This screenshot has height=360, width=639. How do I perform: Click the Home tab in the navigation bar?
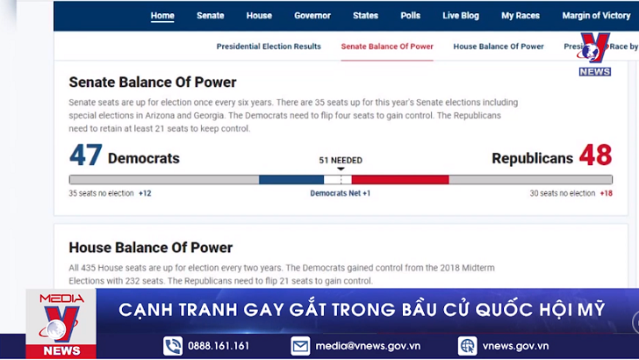162,16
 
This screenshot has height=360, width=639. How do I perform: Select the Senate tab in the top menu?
211,16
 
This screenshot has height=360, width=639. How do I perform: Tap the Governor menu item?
312,16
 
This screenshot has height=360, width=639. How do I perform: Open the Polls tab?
410,16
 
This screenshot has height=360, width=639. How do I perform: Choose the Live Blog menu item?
461,16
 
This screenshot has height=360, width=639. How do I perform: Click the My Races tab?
521,16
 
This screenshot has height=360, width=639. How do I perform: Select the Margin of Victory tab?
596,16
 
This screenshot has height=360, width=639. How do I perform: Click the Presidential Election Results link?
269,47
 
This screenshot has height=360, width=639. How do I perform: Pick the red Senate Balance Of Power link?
387,47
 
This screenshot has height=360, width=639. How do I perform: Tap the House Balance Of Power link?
499,47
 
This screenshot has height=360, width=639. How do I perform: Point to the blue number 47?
86,156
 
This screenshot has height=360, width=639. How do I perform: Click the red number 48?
595,156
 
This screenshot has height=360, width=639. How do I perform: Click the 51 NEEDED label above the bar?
341,161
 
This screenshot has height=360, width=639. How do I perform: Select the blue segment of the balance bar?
291,179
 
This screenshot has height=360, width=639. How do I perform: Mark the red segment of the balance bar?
400,179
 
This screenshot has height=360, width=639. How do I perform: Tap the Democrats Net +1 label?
341,193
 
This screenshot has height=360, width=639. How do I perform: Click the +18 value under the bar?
607,193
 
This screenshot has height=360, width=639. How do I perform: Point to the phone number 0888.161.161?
219,346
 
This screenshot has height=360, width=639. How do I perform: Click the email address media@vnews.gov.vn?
368,346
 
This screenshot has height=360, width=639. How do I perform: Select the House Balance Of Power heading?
151,248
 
